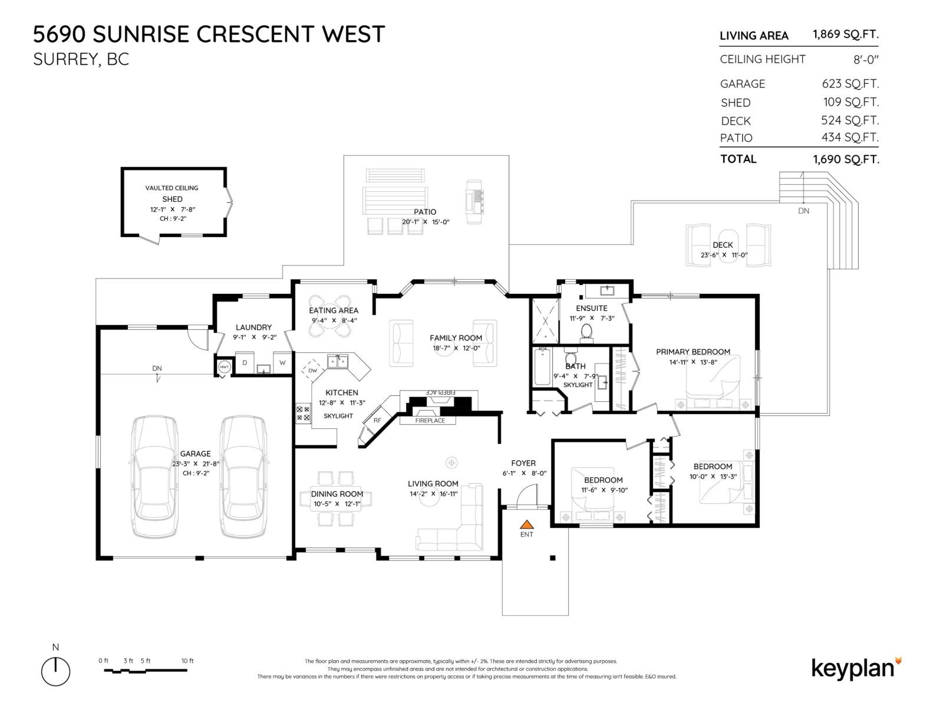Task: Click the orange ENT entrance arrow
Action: pos(526,524)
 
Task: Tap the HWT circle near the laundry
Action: pos(224,367)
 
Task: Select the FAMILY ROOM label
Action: pos(456,338)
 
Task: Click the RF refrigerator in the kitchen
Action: pos(377,420)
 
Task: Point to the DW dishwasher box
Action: pos(312,371)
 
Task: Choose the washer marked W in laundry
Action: pos(282,363)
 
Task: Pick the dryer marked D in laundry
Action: pos(245,363)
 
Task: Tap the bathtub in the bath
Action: pos(542,366)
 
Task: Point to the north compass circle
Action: pos(56,671)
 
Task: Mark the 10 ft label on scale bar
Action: pos(187,661)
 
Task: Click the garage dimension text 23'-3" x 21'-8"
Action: pos(196,464)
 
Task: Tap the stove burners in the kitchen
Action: pos(303,413)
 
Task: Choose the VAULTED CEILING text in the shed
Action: pos(172,188)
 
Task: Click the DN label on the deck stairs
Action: pos(803,211)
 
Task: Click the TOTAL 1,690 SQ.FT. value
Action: pos(845,159)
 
